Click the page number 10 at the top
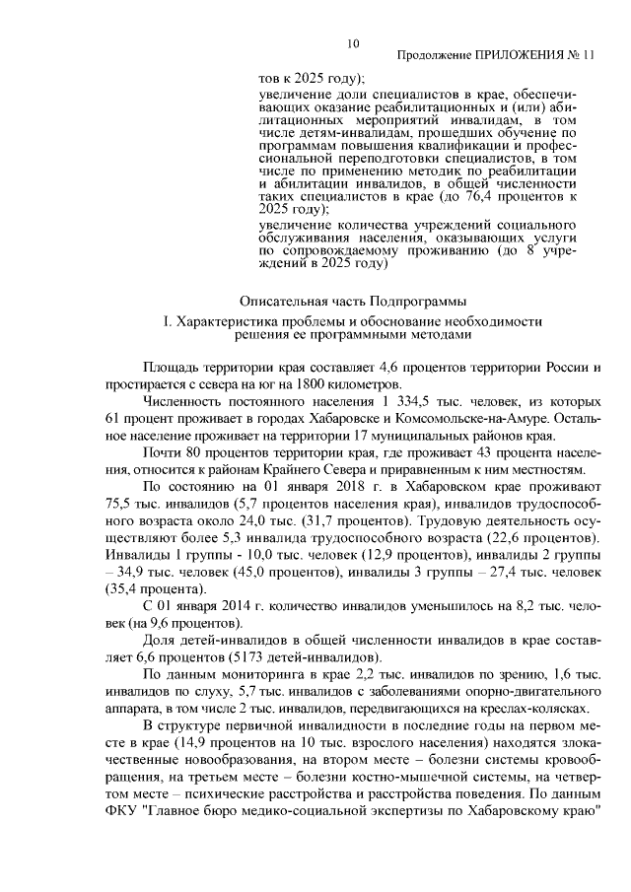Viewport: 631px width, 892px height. [352, 42]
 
